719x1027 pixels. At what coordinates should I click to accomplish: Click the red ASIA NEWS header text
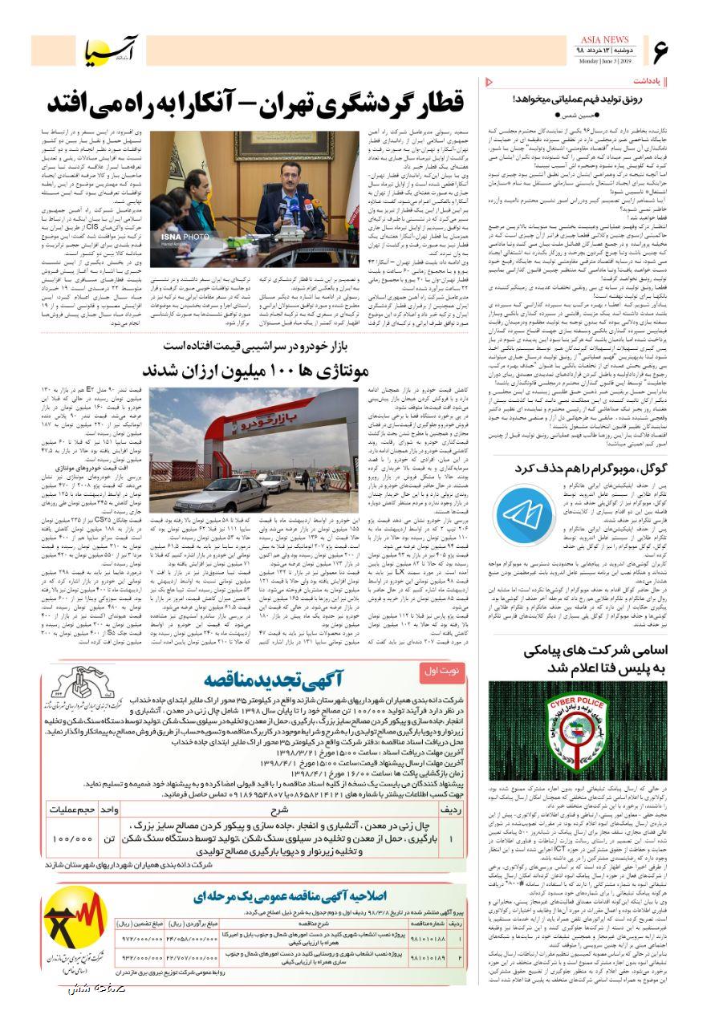click(599, 41)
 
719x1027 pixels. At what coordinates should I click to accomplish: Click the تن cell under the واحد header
click(110, 838)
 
